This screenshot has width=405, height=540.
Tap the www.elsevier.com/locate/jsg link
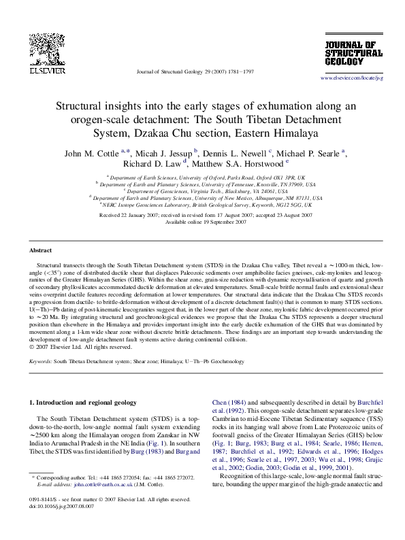pyautogui.click(x=352, y=78)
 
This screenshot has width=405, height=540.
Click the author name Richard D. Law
pyautogui.click(x=152, y=163)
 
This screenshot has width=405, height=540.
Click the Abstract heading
pyautogui.click(x=42, y=251)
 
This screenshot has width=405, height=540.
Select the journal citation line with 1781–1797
pyautogui.click(x=195, y=71)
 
